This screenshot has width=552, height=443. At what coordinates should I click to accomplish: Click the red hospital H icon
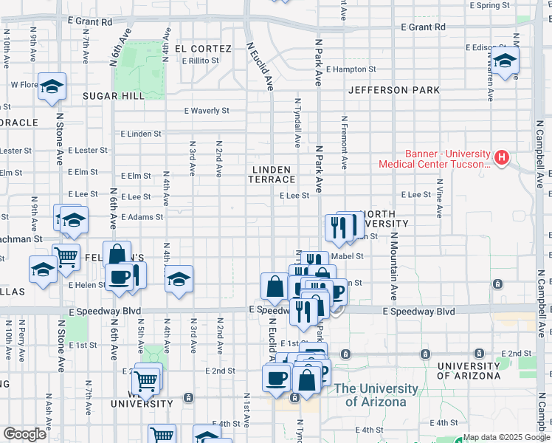(502, 157)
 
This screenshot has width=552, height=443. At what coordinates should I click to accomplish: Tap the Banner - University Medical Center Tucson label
(434, 159)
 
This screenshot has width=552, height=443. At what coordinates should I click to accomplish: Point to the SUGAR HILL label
(114, 96)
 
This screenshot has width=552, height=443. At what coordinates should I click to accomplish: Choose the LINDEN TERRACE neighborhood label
(272, 174)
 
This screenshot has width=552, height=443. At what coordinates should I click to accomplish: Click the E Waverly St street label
(207, 111)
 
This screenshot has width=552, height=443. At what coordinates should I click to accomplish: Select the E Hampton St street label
(351, 69)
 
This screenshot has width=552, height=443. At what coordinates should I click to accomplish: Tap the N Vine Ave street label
(439, 197)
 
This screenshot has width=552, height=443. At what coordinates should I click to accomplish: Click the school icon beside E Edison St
(505, 61)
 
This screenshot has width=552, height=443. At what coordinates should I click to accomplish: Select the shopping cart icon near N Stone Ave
(66, 256)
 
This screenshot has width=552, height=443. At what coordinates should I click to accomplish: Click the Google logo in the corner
(24, 435)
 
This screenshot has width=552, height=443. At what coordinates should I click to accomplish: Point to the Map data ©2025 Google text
(506, 437)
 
